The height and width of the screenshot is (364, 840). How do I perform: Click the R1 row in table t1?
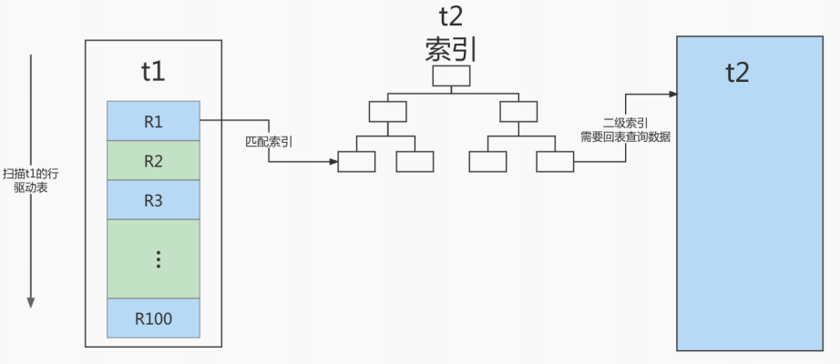coord(153,121)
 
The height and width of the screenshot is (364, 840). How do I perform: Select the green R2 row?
coord(153,160)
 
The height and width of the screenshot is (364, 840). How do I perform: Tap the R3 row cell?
coord(153,200)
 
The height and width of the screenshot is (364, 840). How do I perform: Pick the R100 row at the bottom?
coord(153,318)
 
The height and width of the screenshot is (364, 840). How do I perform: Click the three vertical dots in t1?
coord(158,259)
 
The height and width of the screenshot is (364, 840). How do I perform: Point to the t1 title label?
coord(153,72)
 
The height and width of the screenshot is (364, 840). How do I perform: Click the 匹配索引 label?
coord(269,142)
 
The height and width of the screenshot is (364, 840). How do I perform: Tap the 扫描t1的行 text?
coord(31,174)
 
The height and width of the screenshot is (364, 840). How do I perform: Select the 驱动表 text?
coord(31,187)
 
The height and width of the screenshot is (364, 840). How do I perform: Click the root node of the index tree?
coord(451,76)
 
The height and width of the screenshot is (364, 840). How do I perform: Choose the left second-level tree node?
coord(388,111)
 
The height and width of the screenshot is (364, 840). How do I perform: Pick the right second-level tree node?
coord(518,111)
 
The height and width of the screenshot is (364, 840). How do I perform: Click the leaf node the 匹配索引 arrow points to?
coord(356,162)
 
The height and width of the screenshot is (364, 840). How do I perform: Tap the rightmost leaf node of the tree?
coord(555,162)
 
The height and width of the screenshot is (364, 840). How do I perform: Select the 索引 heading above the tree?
coord(451,50)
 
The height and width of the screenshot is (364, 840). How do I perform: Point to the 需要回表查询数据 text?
coord(626,137)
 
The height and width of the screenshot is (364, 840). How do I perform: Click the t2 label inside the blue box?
coord(737,72)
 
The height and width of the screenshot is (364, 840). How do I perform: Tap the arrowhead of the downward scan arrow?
coord(31,302)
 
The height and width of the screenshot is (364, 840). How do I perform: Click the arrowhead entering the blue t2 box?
coord(673,95)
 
